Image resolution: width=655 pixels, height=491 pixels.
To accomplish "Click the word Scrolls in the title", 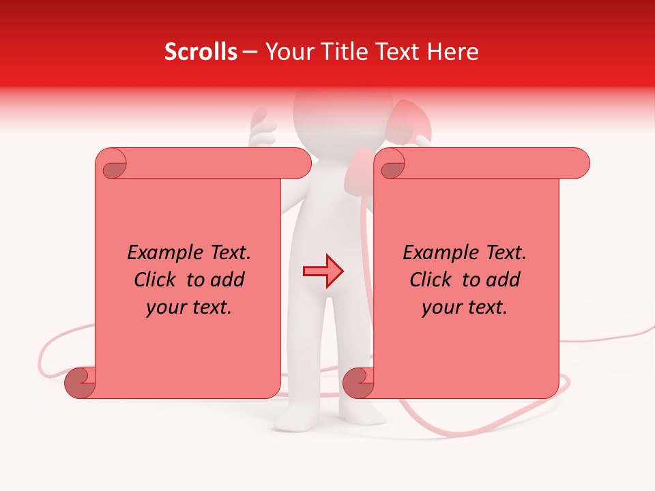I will [201, 52].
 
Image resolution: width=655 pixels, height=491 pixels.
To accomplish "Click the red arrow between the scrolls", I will [323, 271].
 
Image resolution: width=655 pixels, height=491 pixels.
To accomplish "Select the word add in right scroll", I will [504, 280].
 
